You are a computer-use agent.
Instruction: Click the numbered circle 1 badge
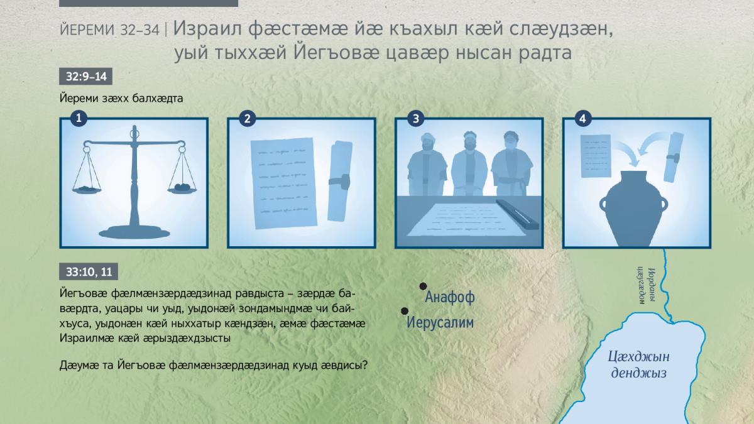click(79, 118)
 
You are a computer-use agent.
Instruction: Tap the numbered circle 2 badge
click(248, 119)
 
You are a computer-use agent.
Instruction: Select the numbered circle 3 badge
click(416, 119)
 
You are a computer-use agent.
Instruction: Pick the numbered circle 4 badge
click(583, 119)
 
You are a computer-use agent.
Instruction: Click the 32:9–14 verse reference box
click(86, 77)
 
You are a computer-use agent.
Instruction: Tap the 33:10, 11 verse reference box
click(89, 271)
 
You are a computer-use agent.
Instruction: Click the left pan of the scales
click(87, 190)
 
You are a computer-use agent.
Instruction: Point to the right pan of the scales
click(182, 189)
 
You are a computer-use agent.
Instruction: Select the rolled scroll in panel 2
click(340, 182)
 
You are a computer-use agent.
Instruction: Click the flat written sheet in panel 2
click(284, 183)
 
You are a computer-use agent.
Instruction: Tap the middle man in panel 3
click(469, 164)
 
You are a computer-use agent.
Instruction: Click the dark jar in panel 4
click(633, 209)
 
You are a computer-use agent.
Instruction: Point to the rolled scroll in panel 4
click(673, 157)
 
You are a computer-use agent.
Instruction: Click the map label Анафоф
click(450, 297)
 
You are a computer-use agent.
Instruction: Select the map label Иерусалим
click(440, 322)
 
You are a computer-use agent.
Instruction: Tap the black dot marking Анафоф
click(423, 286)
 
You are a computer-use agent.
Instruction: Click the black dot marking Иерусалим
click(405, 311)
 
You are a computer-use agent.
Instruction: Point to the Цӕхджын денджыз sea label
click(638, 365)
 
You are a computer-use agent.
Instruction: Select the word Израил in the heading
click(207, 29)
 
